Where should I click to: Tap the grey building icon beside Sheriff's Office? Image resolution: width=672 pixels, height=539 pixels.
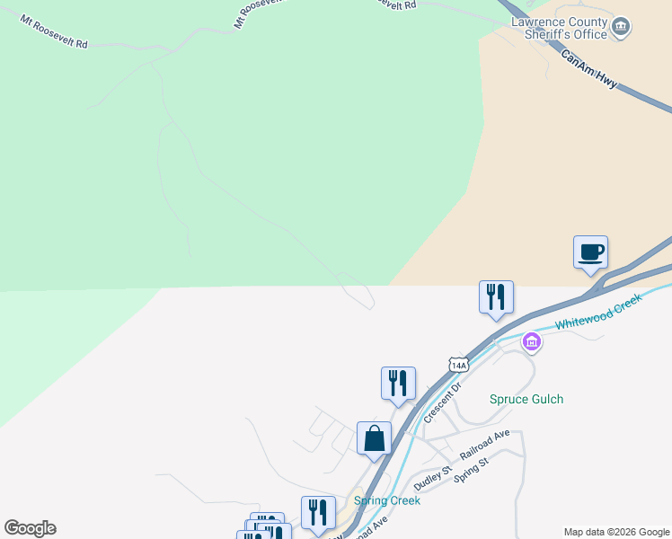(x=620, y=29)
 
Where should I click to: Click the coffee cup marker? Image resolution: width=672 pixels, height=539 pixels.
(x=590, y=252)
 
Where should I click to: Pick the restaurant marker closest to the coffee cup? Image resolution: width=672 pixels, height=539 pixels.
(x=496, y=297)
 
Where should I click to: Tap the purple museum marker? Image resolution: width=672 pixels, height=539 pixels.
(x=532, y=341)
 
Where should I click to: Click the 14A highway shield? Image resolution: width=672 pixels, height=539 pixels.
(x=459, y=365)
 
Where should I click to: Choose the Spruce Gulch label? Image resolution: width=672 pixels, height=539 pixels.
(x=526, y=399)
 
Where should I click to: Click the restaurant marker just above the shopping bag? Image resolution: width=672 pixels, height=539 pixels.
(x=398, y=384)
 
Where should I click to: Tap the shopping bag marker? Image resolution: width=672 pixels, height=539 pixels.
(x=374, y=439)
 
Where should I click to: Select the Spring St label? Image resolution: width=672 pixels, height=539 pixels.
(x=471, y=470)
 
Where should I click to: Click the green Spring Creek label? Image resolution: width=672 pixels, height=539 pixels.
(x=387, y=500)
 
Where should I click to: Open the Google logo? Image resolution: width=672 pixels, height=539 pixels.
(x=30, y=528)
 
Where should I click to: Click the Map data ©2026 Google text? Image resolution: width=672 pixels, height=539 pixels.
(x=616, y=532)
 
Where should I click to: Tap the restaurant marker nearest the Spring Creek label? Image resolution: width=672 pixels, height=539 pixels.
(x=318, y=512)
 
